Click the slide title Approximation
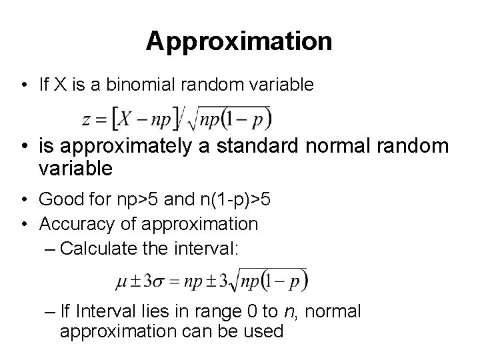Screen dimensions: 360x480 [x=239, y=41]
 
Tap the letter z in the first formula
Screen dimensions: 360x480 [x=88, y=121]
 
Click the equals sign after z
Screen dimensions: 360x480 [x=103, y=121]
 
